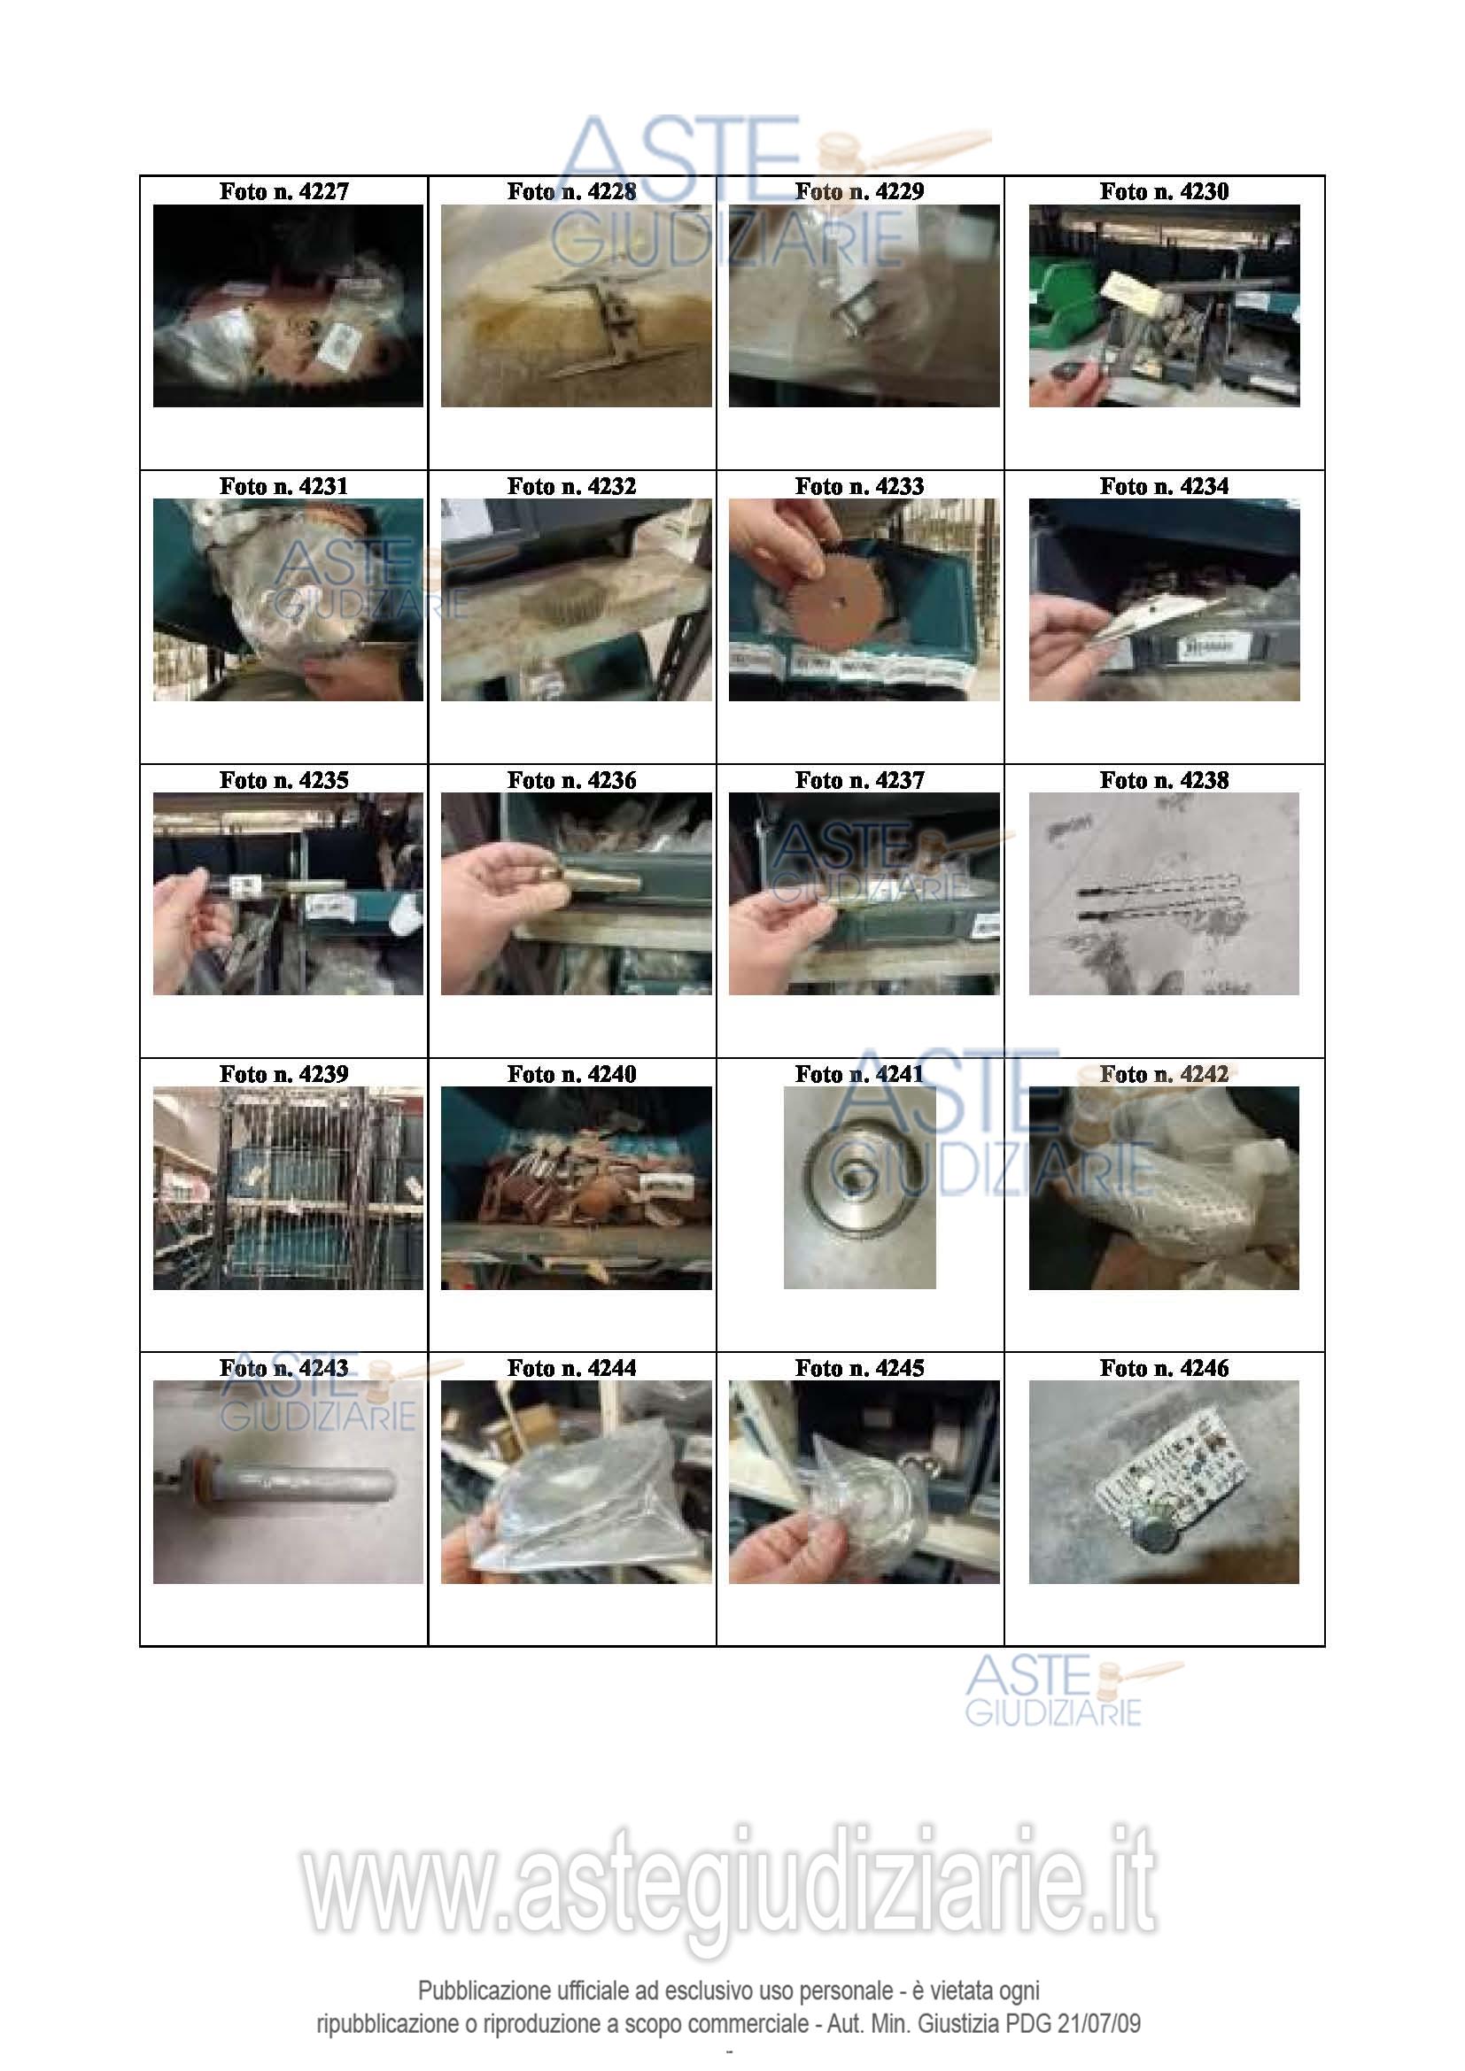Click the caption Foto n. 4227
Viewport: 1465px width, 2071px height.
[284, 191]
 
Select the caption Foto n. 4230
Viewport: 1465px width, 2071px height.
[1164, 191]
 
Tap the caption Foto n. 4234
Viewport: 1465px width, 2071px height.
[1164, 486]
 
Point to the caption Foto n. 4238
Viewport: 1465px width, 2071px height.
[1164, 780]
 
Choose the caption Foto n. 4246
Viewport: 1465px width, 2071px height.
[1164, 1368]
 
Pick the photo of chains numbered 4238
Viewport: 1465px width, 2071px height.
[1164, 894]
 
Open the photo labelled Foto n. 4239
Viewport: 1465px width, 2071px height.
[288, 1188]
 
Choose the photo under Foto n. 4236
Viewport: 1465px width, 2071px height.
[577, 894]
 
